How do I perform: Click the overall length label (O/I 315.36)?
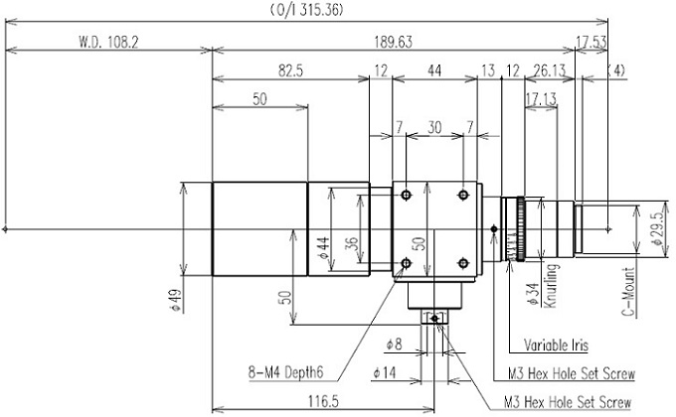point(306,10)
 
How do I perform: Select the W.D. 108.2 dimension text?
point(108,43)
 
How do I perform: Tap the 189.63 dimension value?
point(394,43)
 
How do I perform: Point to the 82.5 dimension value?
point(290,70)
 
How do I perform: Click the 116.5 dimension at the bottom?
point(323,401)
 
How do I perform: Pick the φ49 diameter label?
point(177,300)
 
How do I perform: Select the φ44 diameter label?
point(324,248)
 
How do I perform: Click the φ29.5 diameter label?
point(657,229)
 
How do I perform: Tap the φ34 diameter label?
point(534,294)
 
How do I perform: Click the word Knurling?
point(550,286)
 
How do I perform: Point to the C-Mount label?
point(629,292)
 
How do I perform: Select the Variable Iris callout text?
point(556,346)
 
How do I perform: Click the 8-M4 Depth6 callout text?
point(285,372)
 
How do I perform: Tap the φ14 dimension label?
point(384,372)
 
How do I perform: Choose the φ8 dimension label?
point(394,344)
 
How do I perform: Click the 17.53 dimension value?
point(591,43)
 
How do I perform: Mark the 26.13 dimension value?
point(549,70)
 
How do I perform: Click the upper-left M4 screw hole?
point(406,196)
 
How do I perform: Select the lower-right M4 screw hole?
point(463,263)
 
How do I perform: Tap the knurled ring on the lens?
point(520,229)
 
